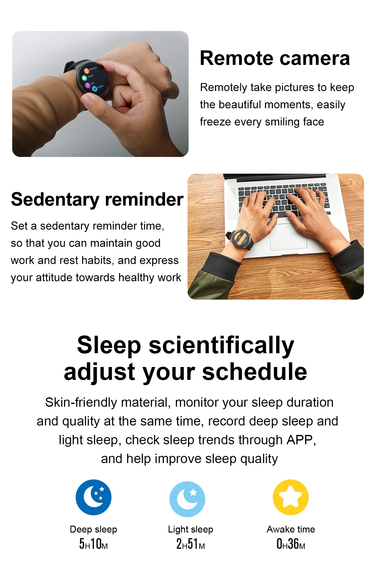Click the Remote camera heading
point(275,58)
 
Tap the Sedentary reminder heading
point(97,200)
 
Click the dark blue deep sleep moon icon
point(93,497)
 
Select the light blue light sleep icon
point(187,499)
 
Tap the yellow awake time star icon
point(291,497)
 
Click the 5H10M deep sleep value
point(93,544)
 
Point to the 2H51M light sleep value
point(191,544)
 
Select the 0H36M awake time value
point(291,544)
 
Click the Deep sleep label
point(93,529)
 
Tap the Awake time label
point(291,529)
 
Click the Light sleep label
point(191,529)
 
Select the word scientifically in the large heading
point(222,346)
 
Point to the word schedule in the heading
point(255,372)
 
